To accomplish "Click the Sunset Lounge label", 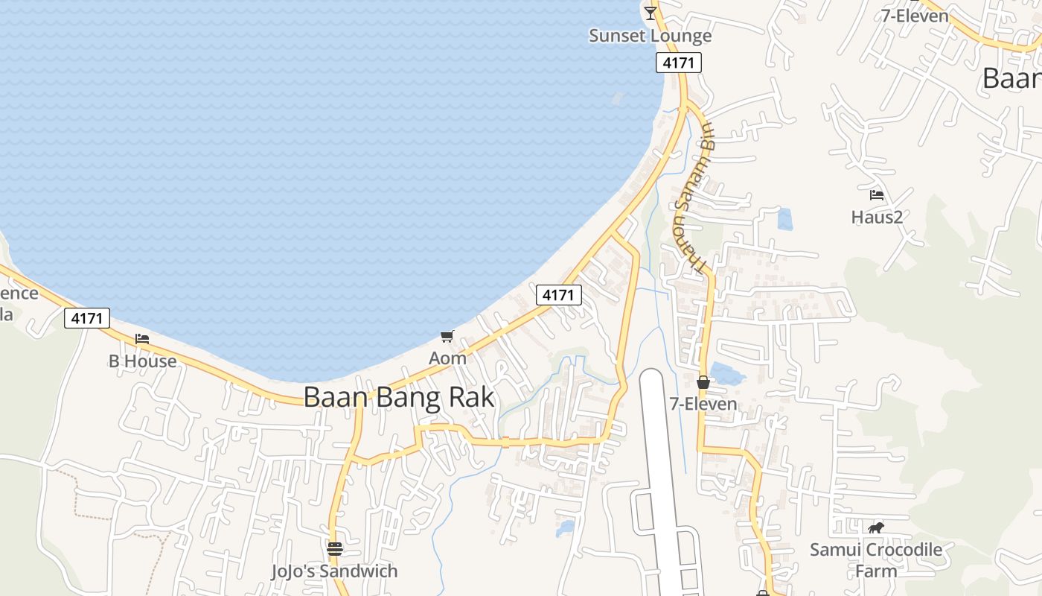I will [650, 36].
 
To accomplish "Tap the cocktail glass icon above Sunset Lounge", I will [651, 13].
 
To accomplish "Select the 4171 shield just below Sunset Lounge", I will [679, 63].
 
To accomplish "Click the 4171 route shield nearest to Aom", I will [558, 295].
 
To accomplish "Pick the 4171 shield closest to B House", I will [87, 318].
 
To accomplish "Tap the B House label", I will [143, 361].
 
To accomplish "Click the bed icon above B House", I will [142, 339].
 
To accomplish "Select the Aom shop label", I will [447, 358].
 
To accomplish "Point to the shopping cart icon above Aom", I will [447, 337].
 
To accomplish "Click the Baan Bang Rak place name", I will [399, 397].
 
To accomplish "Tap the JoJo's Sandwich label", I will [334, 571].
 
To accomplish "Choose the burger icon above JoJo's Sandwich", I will [334, 549].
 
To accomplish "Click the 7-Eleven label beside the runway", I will [703, 404].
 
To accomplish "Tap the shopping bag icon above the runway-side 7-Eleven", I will [703, 383].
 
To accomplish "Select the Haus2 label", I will [877, 217].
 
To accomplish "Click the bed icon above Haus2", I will [877, 195].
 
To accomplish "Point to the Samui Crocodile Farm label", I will [876, 560].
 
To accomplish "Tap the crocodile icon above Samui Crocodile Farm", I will [876, 528].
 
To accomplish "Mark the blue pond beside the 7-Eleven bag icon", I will [727, 372].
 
